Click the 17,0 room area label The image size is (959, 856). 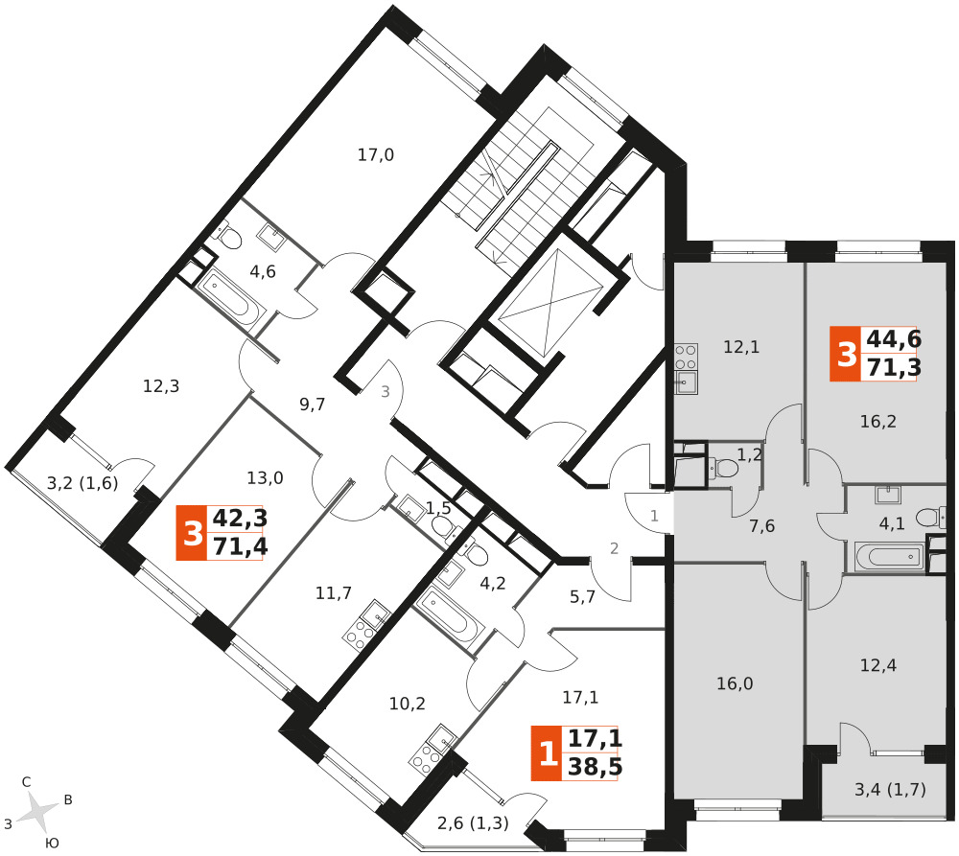coord(376,155)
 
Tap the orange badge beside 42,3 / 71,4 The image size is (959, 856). coord(192,533)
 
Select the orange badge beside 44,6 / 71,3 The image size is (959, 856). coord(846,354)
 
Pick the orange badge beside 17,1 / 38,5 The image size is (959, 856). coord(547,753)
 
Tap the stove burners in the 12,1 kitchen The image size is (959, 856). coord(686,358)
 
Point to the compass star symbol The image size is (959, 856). coord(38,812)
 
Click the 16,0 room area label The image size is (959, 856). coord(735,683)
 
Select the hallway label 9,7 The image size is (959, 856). coord(312,405)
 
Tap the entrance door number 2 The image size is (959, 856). coord(614,548)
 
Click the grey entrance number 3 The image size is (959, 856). coord(386,392)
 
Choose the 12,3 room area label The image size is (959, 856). coord(161,386)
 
